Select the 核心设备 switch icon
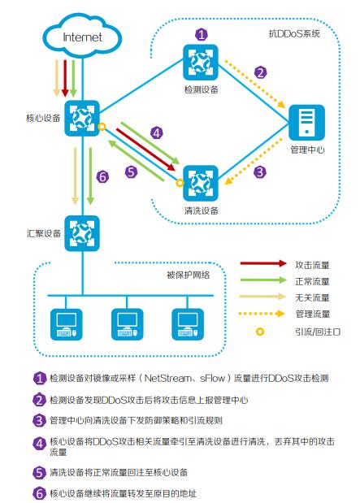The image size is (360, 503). [82, 119]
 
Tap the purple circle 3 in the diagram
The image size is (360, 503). [259, 172]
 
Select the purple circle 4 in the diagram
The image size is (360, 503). [156, 132]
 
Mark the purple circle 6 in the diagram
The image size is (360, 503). [102, 176]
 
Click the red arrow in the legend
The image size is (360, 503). [261, 264]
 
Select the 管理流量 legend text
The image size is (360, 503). [313, 314]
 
